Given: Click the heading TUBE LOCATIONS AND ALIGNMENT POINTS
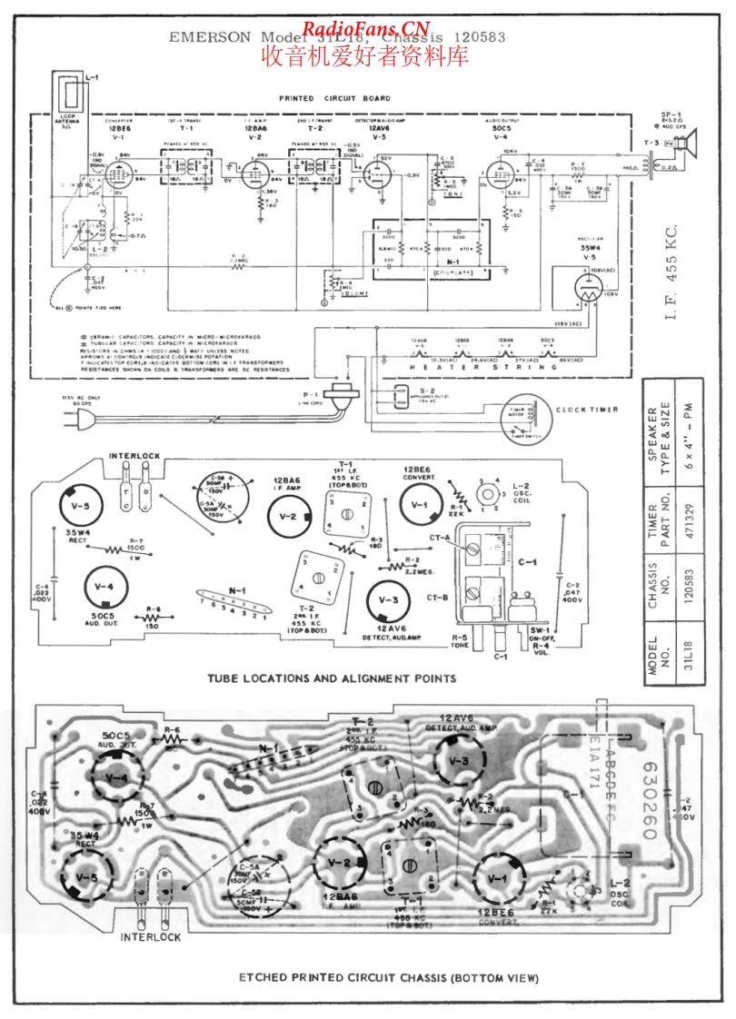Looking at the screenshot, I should click(x=331, y=678).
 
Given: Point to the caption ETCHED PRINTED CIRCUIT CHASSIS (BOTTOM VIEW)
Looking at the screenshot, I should click(x=389, y=978).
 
